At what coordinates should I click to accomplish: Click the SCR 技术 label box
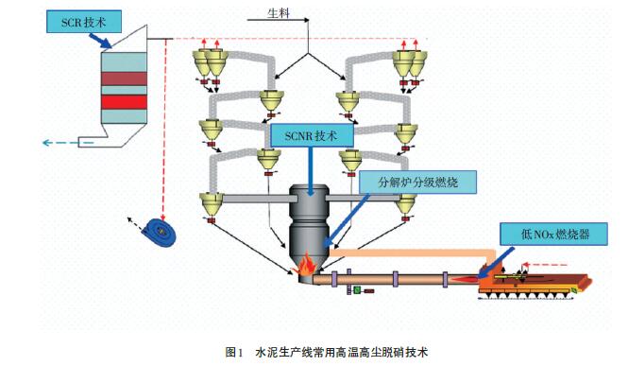tap(84, 22)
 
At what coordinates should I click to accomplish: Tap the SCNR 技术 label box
tap(312, 135)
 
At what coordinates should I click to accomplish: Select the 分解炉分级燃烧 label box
tap(417, 183)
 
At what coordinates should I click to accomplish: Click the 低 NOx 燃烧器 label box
tap(554, 235)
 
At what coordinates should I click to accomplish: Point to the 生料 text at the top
tap(279, 13)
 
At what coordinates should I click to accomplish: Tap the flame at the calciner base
tap(306, 264)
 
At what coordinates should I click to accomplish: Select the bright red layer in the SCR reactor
tap(124, 102)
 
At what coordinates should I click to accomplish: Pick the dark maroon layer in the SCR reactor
tap(124, 78)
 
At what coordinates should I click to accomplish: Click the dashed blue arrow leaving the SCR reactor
tap(68, 142)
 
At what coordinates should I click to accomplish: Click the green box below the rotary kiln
tap(357, 289)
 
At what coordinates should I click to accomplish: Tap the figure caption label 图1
tap(234, 353)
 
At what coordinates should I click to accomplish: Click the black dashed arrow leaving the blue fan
tap(135, 224)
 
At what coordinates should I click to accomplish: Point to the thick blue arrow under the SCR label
tap(100, 41)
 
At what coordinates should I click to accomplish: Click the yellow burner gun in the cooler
tap(511, 276)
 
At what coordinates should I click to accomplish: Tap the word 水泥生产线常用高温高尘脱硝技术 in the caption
tap(342, 353)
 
